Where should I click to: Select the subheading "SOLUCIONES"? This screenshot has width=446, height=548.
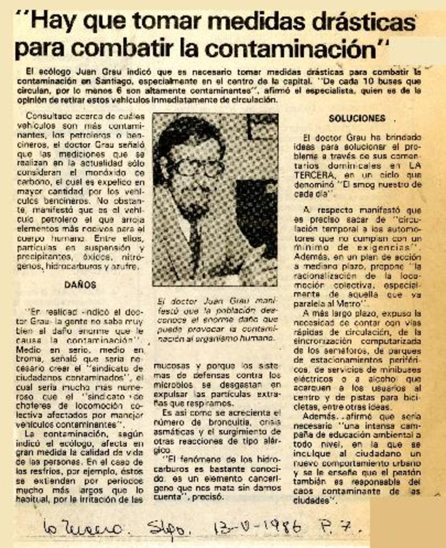point(357,118)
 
